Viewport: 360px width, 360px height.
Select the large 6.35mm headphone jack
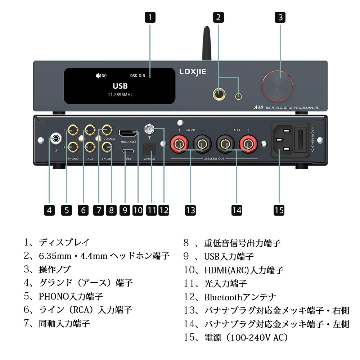pos(219,94)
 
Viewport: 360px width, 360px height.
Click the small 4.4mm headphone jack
pos(238,96)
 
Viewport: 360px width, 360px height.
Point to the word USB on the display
pos(120,86)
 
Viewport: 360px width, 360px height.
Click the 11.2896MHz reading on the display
pos(120,95)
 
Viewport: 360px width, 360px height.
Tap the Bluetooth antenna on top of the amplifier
pos(206,43)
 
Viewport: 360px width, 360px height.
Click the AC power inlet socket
pos(284,140)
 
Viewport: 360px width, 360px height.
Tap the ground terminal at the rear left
pos(56,138)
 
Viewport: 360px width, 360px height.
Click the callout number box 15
pos(279,210)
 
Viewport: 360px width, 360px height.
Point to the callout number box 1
pos(150,17)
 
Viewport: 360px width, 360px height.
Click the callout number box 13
pos(190,210)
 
